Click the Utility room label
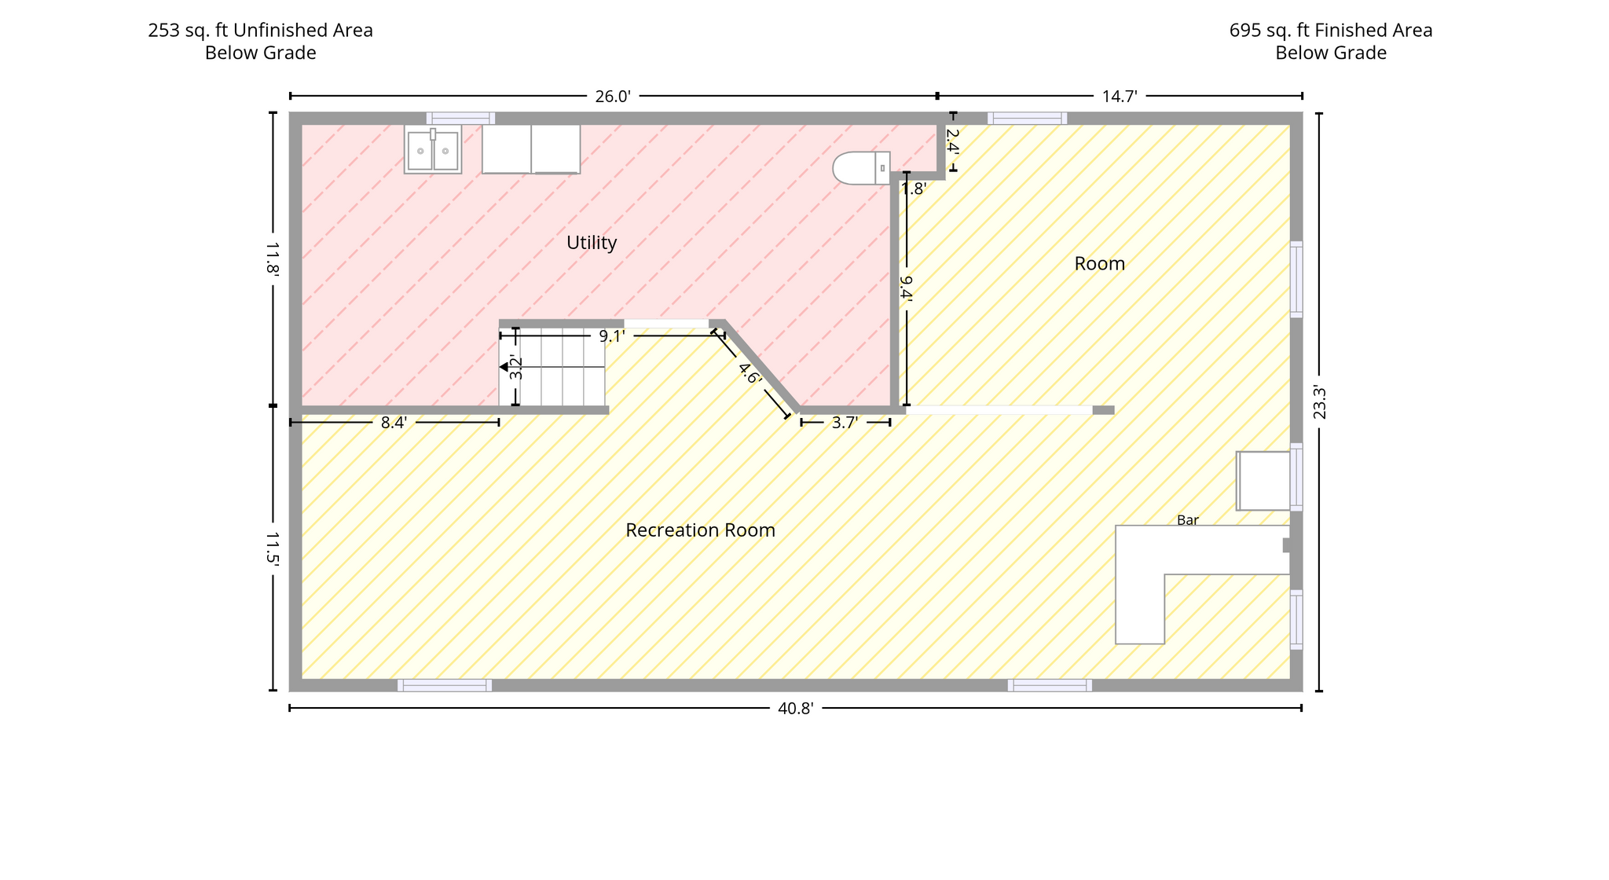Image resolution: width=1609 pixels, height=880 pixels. coord(592,243)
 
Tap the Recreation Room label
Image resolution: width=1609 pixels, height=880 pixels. coord(700,530)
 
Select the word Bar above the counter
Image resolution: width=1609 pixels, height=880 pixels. coord(1187,520)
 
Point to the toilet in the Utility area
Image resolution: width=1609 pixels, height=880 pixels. coord(861,168)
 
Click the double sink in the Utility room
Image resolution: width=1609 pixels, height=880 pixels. coord(433,149)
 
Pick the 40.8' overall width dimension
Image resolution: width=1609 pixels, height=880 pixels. coord(795,709)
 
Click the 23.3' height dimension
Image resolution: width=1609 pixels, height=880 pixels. coord(1320,402)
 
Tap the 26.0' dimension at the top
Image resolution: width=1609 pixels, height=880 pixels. coord(613,97)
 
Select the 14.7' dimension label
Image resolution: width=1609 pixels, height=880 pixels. coord(1120,97)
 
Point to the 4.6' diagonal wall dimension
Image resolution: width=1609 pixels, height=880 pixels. coord(750,373)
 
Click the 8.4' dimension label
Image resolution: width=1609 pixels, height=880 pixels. coord(394,423)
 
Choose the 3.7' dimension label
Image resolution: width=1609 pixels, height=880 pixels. coord(845,423)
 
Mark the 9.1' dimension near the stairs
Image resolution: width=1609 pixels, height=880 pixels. coord(612,336)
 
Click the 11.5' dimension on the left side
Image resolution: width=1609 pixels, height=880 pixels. coord(272,548)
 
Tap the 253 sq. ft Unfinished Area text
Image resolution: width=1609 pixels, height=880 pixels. coord(261,31)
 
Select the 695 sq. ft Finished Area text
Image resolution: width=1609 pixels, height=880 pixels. coord(1331,31)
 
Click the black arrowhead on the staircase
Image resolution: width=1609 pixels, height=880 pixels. coord(504,367)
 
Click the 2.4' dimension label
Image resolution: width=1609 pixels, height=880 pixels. coord(953,141)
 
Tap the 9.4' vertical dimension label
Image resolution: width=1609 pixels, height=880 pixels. coord(906,288)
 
